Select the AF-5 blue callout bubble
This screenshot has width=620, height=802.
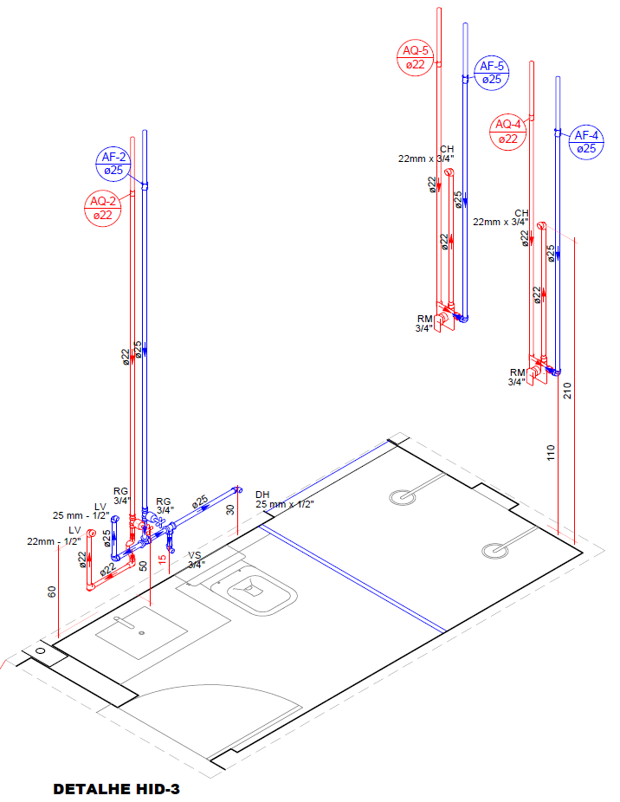point(492,73)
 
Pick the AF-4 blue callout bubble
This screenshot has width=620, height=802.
point(586,142)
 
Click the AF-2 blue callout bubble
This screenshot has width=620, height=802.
point(113,164)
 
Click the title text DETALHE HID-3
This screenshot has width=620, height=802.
point(116,789)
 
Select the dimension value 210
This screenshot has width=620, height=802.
point(568,391)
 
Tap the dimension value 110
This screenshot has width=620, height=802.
point(552,454)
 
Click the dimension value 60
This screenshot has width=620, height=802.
point(51,592)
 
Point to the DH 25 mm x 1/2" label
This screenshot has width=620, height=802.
point(284,499)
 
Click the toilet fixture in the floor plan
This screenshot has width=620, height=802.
point(255,592)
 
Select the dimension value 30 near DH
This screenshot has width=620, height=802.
point(230,510)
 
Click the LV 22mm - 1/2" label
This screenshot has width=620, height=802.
point(54,535)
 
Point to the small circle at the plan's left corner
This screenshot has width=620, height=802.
point(40,650)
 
